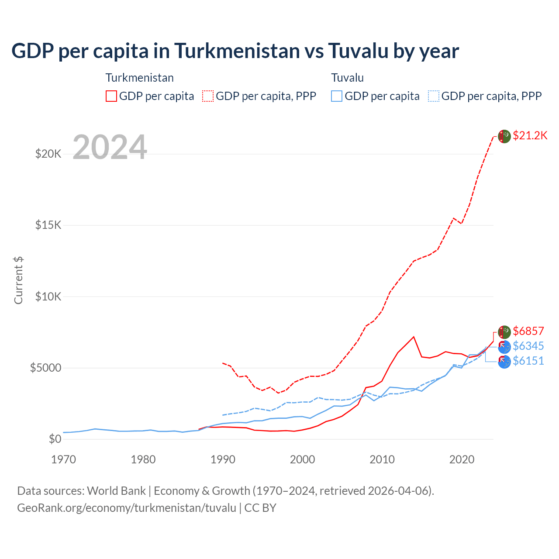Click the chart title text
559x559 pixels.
click(235, 51)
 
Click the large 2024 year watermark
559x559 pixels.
click(110, 147)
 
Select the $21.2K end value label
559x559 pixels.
click(530, 135)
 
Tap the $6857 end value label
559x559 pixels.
click(528, 331)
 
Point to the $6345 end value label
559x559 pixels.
click(528, 346)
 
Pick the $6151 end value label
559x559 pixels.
click(528, 361)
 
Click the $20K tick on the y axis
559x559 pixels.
click(48, 154)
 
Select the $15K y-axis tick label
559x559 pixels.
click(48, 225)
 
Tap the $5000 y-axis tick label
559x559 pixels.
click(45, 368)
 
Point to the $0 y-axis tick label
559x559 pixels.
click(55, 439)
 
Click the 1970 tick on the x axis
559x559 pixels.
click(63, 459)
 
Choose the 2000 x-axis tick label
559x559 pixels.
click(302, 459)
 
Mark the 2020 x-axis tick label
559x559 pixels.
click(462, 459)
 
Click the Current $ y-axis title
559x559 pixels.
click(18, 280)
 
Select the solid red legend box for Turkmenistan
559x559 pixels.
click(111, 96)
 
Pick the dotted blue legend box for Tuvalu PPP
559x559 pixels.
click(434, 96)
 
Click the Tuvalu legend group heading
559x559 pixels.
click(347, 78)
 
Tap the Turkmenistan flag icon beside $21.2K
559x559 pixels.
click(504, 136)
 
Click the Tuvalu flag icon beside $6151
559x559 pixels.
click(504, 362)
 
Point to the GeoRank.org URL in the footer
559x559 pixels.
click(127, 508)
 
